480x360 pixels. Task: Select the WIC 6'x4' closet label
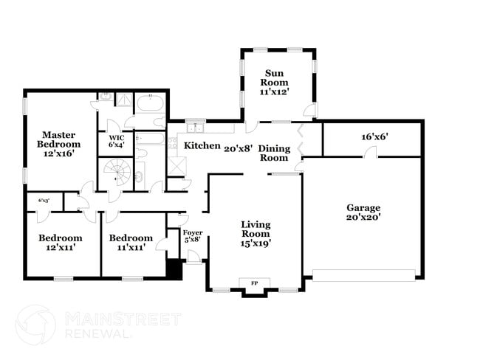117,142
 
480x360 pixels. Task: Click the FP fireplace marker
256,283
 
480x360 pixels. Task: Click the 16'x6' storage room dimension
374,137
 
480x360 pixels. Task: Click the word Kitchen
202,146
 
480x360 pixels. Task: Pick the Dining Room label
273,153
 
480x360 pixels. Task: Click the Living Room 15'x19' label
256,234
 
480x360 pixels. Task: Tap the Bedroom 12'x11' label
60,243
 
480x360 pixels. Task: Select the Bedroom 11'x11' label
131,243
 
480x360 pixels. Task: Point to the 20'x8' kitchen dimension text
239,147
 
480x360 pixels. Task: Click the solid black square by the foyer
174,270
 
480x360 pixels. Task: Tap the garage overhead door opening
363,275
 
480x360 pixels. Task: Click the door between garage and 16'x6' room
371,153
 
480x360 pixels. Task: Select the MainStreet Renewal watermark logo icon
35,325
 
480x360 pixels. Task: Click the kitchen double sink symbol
195,128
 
